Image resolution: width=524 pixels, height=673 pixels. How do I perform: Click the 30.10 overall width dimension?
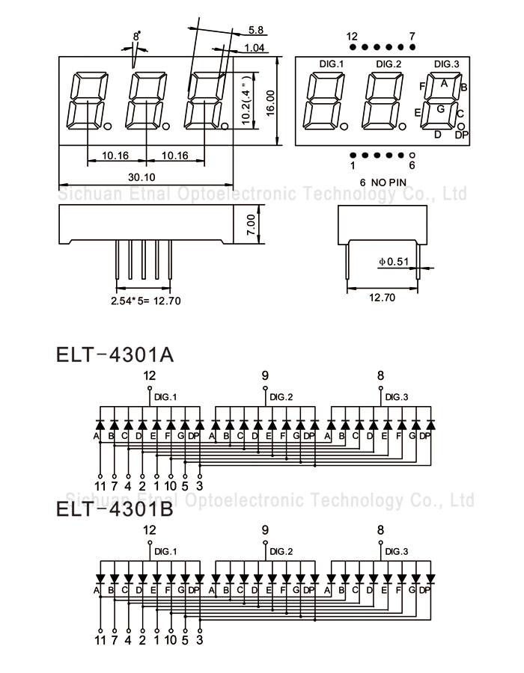[141, 177]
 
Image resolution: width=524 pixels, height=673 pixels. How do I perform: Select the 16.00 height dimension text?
[270, 102]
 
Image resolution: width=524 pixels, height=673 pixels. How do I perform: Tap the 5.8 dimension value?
[255, 30]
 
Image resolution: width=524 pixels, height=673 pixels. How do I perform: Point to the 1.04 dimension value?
[255, 48]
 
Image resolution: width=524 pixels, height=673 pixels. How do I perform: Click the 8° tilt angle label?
[136, 36]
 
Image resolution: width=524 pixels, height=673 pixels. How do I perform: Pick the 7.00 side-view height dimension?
[252, 224]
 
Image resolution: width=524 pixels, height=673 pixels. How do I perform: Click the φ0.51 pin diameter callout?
[394, 262]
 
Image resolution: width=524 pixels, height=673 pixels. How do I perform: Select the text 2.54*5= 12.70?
[146, 301]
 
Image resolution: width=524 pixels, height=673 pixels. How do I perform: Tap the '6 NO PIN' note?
[383, 182]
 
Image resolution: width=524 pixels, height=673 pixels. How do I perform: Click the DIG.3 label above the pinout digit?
[446, 64]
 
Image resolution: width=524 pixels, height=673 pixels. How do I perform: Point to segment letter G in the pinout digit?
[440, 109]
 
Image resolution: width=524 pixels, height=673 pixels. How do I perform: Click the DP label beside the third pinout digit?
[462, 135]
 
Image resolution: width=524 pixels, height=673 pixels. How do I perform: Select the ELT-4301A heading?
[115, 355]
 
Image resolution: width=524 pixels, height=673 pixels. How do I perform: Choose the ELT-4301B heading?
[115, 509]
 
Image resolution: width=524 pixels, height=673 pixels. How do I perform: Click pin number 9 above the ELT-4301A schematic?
[265, 375]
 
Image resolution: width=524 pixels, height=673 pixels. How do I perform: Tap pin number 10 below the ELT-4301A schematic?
[171, 486]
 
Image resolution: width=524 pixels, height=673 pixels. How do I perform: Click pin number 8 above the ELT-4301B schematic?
[380, 530]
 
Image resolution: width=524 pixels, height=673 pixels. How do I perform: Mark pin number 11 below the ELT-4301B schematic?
[100, 640]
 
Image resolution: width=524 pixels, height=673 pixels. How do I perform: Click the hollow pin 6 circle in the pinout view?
[412, 156]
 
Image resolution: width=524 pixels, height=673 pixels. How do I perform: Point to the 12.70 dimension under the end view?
[382, 297]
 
